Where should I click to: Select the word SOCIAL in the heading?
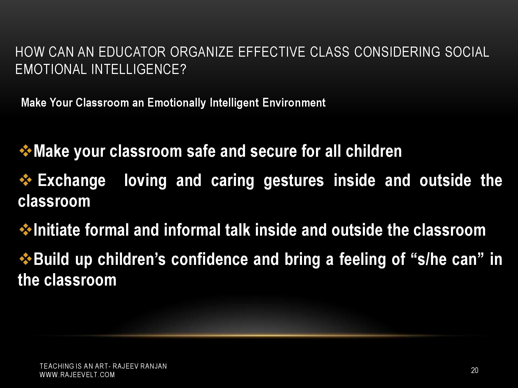467,52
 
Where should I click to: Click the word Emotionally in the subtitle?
176,103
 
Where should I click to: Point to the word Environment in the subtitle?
294,103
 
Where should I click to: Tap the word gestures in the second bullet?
294,181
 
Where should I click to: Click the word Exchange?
72,181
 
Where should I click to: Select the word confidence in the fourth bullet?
209,259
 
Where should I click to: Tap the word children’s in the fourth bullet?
131,259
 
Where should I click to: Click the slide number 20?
474,370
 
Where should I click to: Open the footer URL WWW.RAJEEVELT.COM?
77,375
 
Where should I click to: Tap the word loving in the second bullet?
145,181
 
